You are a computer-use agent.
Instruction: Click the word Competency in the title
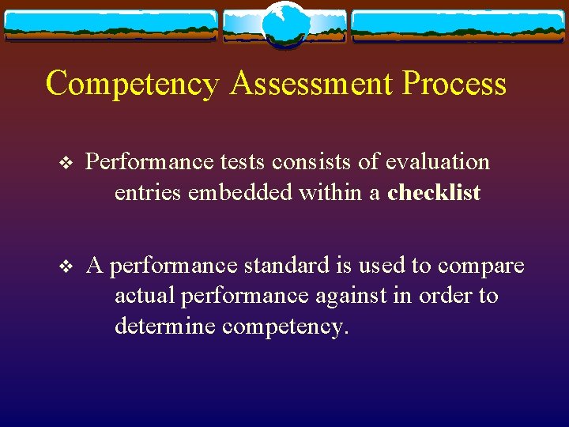pyautogui.click(x=131, y=84)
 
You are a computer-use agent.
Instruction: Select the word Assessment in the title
pyautogui.click(x=309, y=84)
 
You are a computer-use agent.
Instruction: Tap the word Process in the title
pyautogui.click(x=454, y=84)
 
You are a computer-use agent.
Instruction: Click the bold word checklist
pyautogui.click(x=434, y=193)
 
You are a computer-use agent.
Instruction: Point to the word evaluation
pyautogui.click(x=438, y=162)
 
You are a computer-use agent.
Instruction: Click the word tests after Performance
pyautogui.click(x=243, y=162)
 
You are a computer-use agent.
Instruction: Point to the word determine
pyautogui.click(x=164, y=326)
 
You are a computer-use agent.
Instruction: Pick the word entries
pyautogui.click(x=148, y=193)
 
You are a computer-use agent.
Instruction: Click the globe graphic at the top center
pyautogui.click(x=284, y=24)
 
